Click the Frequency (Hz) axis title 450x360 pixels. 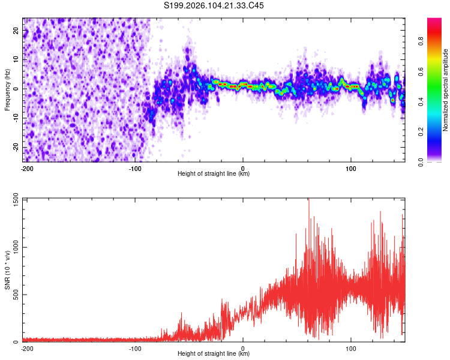pos(7,90)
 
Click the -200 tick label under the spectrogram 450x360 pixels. pos(27,168)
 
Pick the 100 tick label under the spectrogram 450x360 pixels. pos(351,168)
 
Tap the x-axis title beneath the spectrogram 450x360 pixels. pos(214,174)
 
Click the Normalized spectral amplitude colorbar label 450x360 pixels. pos(446,90)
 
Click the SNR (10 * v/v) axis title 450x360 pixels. pos(7,270)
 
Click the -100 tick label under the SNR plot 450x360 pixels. pos(135,348)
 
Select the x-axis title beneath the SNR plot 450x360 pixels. pos(214,354)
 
